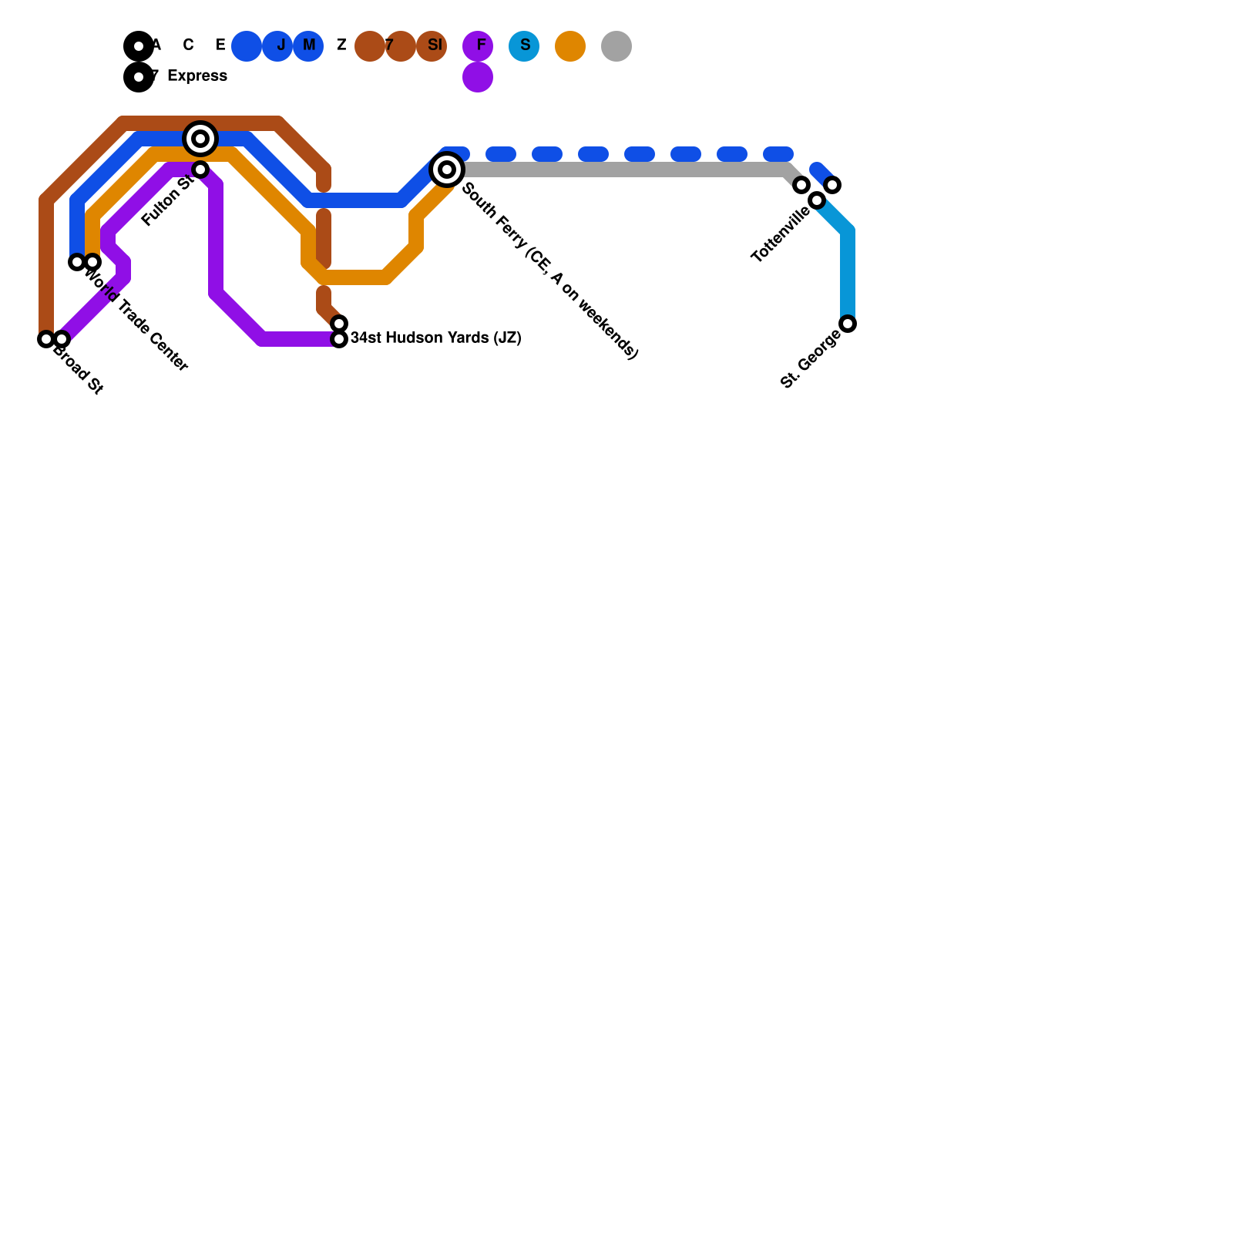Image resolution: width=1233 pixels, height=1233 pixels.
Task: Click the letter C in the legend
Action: (188, 45)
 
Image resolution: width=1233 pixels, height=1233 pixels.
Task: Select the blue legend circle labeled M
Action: (308, 46)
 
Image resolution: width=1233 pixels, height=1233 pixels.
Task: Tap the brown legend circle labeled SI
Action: (432, 46)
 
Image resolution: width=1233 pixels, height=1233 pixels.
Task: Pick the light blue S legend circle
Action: (524, 46)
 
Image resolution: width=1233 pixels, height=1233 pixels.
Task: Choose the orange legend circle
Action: (570, 46)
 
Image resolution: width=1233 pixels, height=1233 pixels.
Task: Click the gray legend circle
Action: (616, 46)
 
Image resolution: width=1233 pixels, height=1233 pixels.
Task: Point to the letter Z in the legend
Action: (341, 45)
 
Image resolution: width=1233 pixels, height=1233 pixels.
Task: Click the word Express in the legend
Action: (197, 76)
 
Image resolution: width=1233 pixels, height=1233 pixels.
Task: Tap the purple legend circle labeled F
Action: (478, 46)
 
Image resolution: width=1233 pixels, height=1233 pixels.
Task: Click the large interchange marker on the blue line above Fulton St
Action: (200, 139)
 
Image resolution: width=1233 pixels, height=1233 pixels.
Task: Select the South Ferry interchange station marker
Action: (447, 170)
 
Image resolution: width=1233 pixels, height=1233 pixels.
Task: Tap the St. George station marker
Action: (848, 324)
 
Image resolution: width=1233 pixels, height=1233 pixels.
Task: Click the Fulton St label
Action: (167, 201)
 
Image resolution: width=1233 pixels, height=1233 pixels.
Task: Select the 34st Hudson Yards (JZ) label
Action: (436, 338)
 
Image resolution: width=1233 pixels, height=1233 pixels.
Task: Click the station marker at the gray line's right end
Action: (801, 185)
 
